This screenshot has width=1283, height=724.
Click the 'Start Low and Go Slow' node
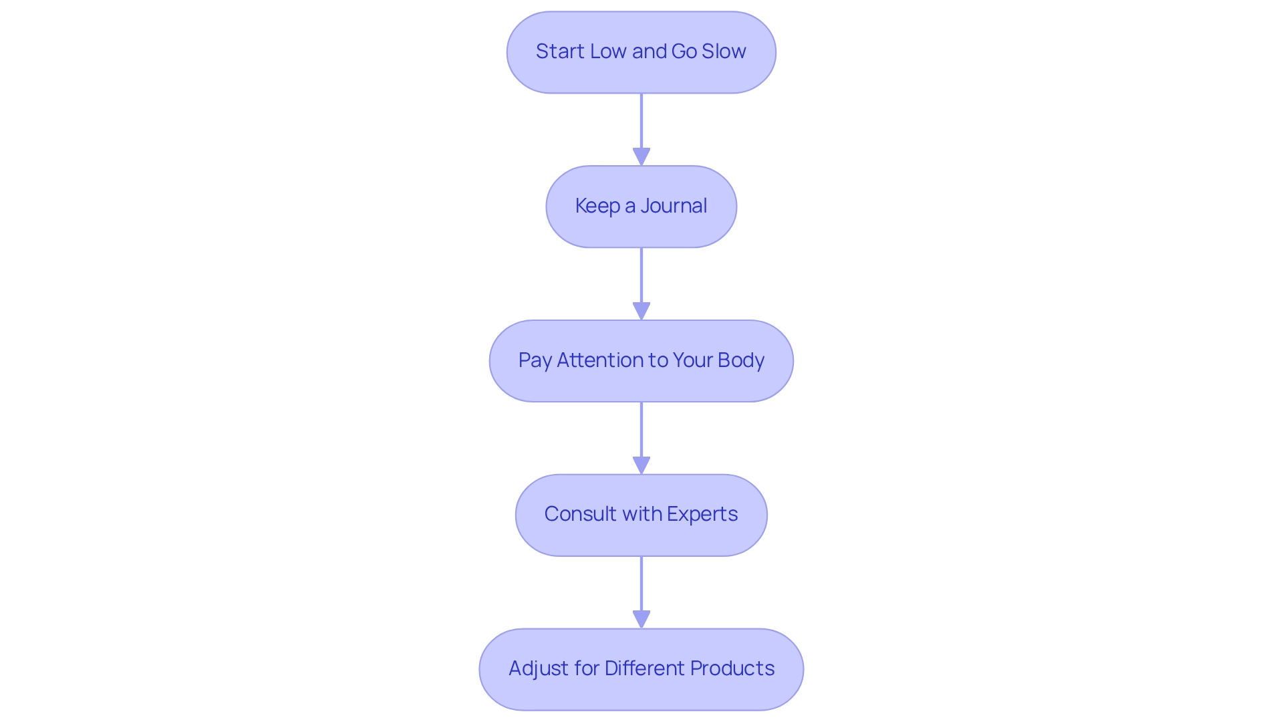coord(641,52)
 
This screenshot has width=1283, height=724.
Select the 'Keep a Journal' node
coord(641,207)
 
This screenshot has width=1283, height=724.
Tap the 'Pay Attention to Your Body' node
coord(641,361)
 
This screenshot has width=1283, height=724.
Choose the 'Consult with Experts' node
coord(641,515)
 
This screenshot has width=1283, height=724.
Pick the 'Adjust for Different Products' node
coord(641,669)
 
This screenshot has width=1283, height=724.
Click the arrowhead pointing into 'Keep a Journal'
coord(641,157)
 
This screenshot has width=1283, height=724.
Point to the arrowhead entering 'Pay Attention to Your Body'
coord(641,312)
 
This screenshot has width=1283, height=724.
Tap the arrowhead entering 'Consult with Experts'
coord(641,466)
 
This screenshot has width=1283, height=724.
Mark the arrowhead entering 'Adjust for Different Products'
coord(641,620)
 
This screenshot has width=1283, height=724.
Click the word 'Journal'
coord(674,206)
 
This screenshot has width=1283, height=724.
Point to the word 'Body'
coord(741,361)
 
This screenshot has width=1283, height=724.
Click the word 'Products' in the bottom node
coord(732,669)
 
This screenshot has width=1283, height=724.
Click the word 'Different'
coord(645,669)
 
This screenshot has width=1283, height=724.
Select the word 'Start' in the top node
coord(560,51)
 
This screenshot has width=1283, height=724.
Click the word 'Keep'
coord(597,207)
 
